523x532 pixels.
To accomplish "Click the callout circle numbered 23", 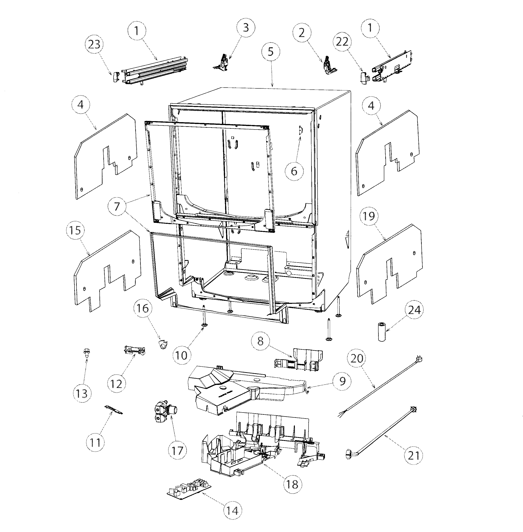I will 94,44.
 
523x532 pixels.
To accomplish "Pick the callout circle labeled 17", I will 177,450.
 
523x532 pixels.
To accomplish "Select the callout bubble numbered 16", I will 143,308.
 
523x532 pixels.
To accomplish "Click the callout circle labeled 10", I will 181,355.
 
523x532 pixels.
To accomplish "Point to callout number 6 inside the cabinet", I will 294,171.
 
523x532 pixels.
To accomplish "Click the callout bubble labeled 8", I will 260,341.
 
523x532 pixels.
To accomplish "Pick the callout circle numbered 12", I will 116,384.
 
